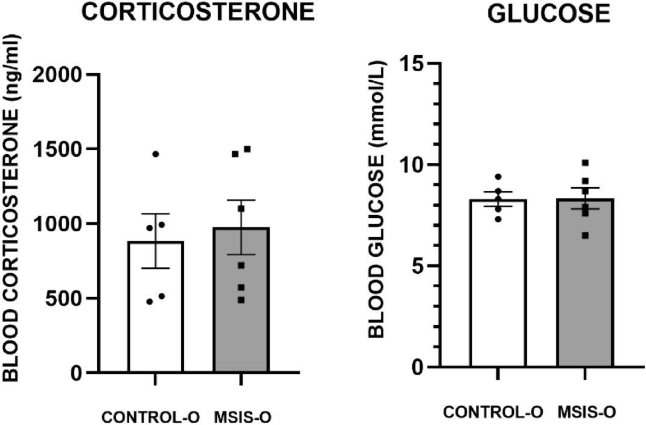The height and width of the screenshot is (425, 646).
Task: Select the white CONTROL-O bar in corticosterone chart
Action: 156,313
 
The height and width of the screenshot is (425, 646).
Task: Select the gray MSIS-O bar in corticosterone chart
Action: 241,307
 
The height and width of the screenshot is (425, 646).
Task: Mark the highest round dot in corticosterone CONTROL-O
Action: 155,154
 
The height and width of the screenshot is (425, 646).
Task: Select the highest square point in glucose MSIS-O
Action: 585,163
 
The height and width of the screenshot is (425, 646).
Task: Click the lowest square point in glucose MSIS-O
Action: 585,236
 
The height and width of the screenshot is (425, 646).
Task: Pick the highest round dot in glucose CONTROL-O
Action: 498,177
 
